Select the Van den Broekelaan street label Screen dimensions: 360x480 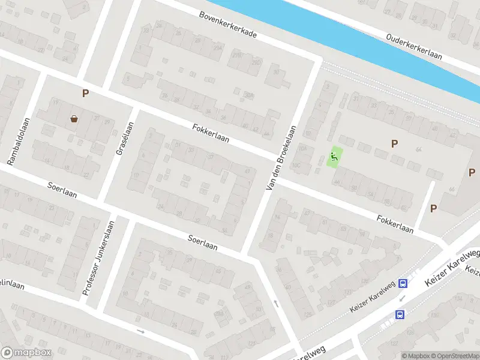280,159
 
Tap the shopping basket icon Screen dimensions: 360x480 74,119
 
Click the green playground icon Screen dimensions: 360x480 335,157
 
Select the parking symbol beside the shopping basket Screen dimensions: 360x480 85,94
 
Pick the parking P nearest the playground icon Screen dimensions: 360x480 394,143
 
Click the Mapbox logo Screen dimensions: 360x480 26,353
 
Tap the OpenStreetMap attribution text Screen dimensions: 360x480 454,356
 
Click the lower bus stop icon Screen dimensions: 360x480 399,314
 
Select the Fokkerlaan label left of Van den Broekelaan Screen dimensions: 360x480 211,133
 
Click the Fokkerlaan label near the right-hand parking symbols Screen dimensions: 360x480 395,225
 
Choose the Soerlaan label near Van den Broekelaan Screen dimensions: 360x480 202,242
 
